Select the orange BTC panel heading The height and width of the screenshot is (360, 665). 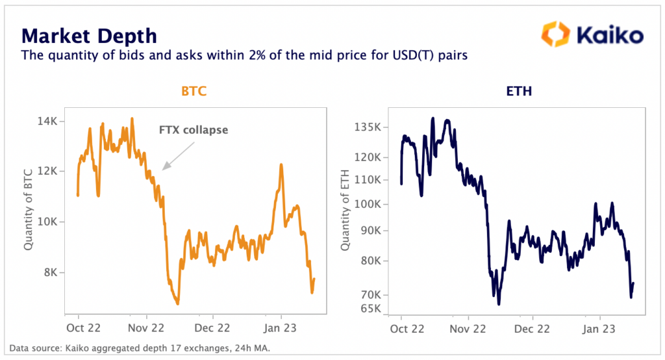click(193, 93)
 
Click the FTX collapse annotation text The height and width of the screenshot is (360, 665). click(194, 130)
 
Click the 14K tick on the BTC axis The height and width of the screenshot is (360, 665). click(50, 121)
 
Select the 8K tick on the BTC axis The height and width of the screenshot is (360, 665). click(53, 272)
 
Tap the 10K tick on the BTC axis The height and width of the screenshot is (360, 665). click(50, 222)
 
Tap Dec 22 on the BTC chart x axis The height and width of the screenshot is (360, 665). click(213, 329)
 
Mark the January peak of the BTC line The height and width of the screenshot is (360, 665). click(281, 165)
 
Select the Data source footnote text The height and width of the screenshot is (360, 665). click(140, 349)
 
